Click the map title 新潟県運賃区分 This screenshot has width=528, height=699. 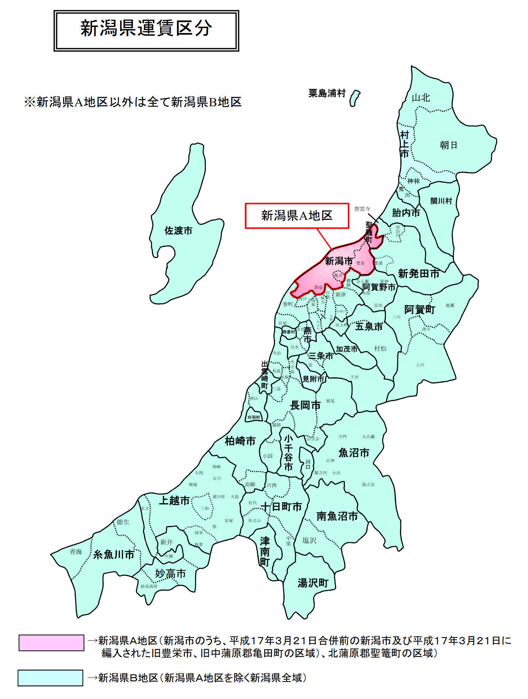146,29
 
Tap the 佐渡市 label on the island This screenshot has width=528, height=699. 178,230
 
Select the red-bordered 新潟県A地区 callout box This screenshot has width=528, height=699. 297,216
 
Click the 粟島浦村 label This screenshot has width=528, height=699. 327,93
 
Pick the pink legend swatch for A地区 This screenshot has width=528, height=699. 51,643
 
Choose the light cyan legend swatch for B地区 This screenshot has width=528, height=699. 51,678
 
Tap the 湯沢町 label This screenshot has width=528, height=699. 313,583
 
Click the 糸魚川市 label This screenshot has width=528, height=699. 114,554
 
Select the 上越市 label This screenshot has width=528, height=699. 174,500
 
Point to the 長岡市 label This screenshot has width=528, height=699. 305,405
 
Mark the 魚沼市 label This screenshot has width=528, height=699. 354,453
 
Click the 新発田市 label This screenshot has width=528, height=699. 419,273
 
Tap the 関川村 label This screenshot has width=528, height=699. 441,201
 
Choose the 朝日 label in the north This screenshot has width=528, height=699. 448,145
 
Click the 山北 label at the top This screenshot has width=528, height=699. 421,98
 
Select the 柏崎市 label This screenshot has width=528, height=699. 240,441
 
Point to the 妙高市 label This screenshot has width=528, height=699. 171,573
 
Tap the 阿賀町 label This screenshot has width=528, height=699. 419,309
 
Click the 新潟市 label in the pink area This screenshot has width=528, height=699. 339,261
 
